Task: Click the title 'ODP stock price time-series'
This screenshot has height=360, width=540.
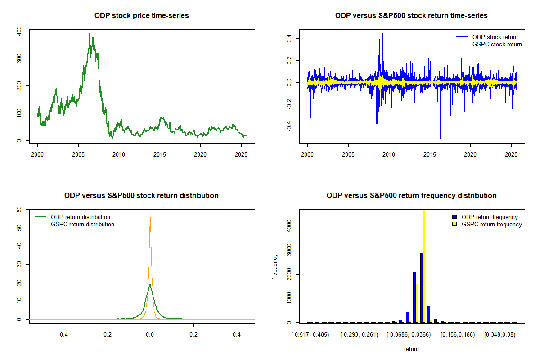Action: tap(141, 16)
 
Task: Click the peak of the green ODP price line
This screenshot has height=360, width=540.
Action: tap(89, 34)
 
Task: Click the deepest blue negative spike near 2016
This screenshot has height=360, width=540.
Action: tap(441, 139)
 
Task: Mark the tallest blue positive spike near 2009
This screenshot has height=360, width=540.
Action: tap(382, 34)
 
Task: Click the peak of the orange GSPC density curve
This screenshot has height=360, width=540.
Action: tap(150, 216)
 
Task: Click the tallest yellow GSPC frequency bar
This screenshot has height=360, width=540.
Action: tap(424, 265)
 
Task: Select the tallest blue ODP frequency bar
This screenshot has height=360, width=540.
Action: tap(421, 288)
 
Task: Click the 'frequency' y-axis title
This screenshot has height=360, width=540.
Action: tap(275, 266)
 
